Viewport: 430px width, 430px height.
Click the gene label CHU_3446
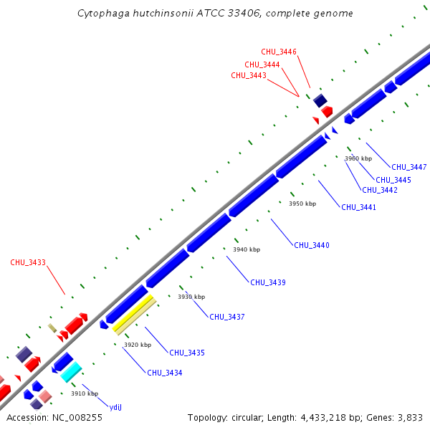point(279,52)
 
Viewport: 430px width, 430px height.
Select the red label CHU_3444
point(263,64)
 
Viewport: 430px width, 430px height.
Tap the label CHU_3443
point(249,75)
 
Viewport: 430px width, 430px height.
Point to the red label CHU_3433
point(28,262)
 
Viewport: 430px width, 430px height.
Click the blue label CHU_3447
point(409,167)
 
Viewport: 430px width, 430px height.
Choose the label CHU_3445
point(393,179)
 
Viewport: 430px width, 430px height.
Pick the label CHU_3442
point(380,190)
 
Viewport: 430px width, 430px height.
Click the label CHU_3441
point(358,207)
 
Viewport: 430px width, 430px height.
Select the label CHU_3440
point(312,245)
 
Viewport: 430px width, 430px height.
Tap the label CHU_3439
point(268,282)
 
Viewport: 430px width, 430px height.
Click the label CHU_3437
point(227,317)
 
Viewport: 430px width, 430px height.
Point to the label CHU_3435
point(187,353)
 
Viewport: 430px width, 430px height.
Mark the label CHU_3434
point(165,373)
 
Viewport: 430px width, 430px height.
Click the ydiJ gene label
point(116,406)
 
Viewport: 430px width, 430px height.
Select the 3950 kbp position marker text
point(302,204)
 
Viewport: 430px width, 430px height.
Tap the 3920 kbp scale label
point(138,345)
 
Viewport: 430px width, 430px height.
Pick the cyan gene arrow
point(71,372)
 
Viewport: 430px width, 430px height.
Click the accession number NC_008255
point(70,417)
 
